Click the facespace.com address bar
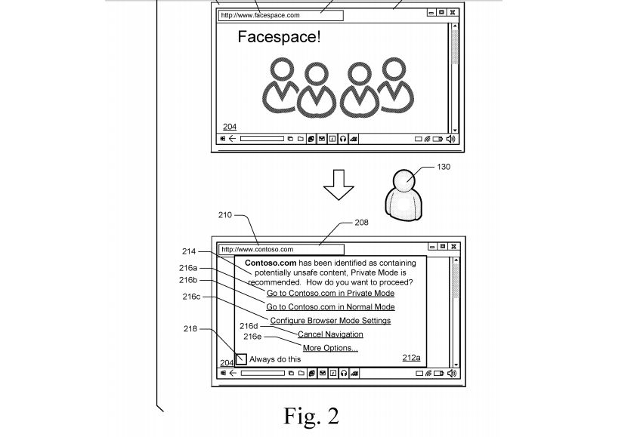(280, 15)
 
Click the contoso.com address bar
(280, 249)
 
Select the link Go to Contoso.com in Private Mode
(330, 293)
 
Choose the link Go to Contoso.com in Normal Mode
(330, 307)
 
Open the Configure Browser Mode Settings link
(330, 321)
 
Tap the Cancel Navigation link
(330, 334)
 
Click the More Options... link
(330, 348)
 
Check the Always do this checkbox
(240, 359)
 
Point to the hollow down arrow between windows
(338, 185)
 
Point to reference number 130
(444, 167)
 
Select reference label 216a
(188, 267)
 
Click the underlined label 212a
(411, 358)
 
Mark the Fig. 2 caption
(311, 415)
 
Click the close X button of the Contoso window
(453, 246)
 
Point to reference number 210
(225, 215)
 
